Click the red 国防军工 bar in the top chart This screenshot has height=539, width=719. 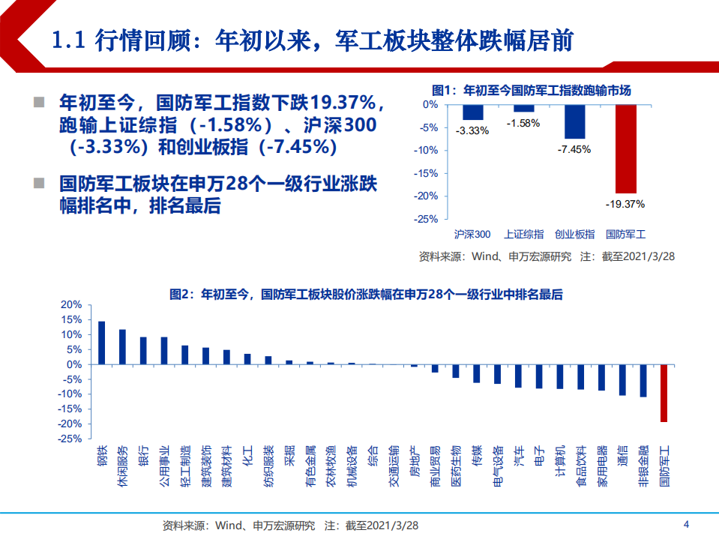pyautogui.click(x=625, y=148)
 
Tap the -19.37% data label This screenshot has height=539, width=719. pyautogui.click(x=625, y=203)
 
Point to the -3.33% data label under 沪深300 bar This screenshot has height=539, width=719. pyautogui.click(x=472, y=130)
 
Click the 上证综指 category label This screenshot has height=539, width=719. pyautogui.click(x=523, y=234)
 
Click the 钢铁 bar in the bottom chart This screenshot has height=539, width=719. pyautogui.click(x=102, y=343)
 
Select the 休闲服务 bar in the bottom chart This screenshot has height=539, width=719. pyautogui.click(x=122, y=347)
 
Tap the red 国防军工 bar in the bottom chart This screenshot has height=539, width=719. pyautogui.click(x=664, y=394)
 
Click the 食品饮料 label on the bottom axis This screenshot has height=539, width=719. pyautogui.click(x=580, y=468)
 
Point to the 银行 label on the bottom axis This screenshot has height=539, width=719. pyautogui.click(x=143, y=457)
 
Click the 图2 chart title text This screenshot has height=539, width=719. pyautogui.click(x=366, y=295)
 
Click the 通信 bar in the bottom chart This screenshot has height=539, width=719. pyautogui.click(x=622, y=380)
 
